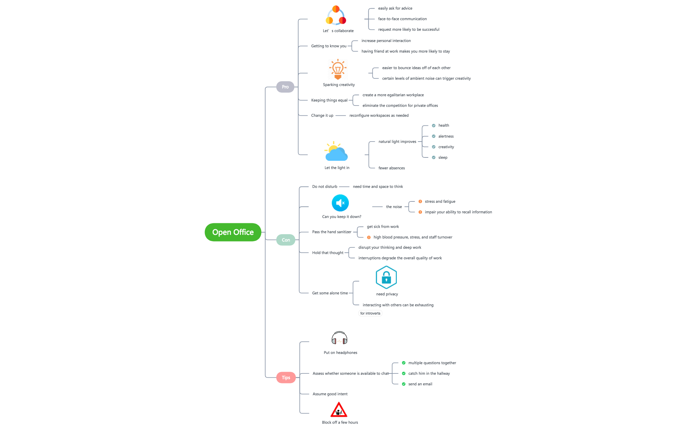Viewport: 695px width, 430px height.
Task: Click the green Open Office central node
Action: pos(233,232)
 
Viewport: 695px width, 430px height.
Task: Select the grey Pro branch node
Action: pos(285,87)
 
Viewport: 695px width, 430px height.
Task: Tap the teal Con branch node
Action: pos(286,240)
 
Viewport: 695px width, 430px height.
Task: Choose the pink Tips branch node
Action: pos(286,378)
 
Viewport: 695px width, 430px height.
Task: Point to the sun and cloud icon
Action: pos(336,151)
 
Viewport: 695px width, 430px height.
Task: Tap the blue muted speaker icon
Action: pos(340,203)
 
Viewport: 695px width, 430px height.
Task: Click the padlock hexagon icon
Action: pos(386,278)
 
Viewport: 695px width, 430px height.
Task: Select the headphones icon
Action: pos(339,338)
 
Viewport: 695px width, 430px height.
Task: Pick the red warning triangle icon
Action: pos(339,410)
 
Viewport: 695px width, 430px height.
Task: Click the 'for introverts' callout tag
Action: pos(370,314)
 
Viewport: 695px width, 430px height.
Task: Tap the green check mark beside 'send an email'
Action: pos(403,384)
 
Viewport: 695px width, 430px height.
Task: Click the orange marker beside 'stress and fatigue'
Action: pos(420,201)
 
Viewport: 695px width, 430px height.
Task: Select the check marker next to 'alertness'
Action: pos(434,136)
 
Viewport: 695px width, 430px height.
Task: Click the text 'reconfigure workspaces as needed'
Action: pos(379,115)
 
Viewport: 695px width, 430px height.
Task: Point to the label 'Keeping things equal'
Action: pos(329,100)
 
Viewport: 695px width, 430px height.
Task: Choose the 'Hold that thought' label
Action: pos(327,253)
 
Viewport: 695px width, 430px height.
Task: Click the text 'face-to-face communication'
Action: pos(402,19)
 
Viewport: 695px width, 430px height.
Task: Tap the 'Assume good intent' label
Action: pos(330,394)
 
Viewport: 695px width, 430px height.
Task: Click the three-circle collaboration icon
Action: pos(336,16)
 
